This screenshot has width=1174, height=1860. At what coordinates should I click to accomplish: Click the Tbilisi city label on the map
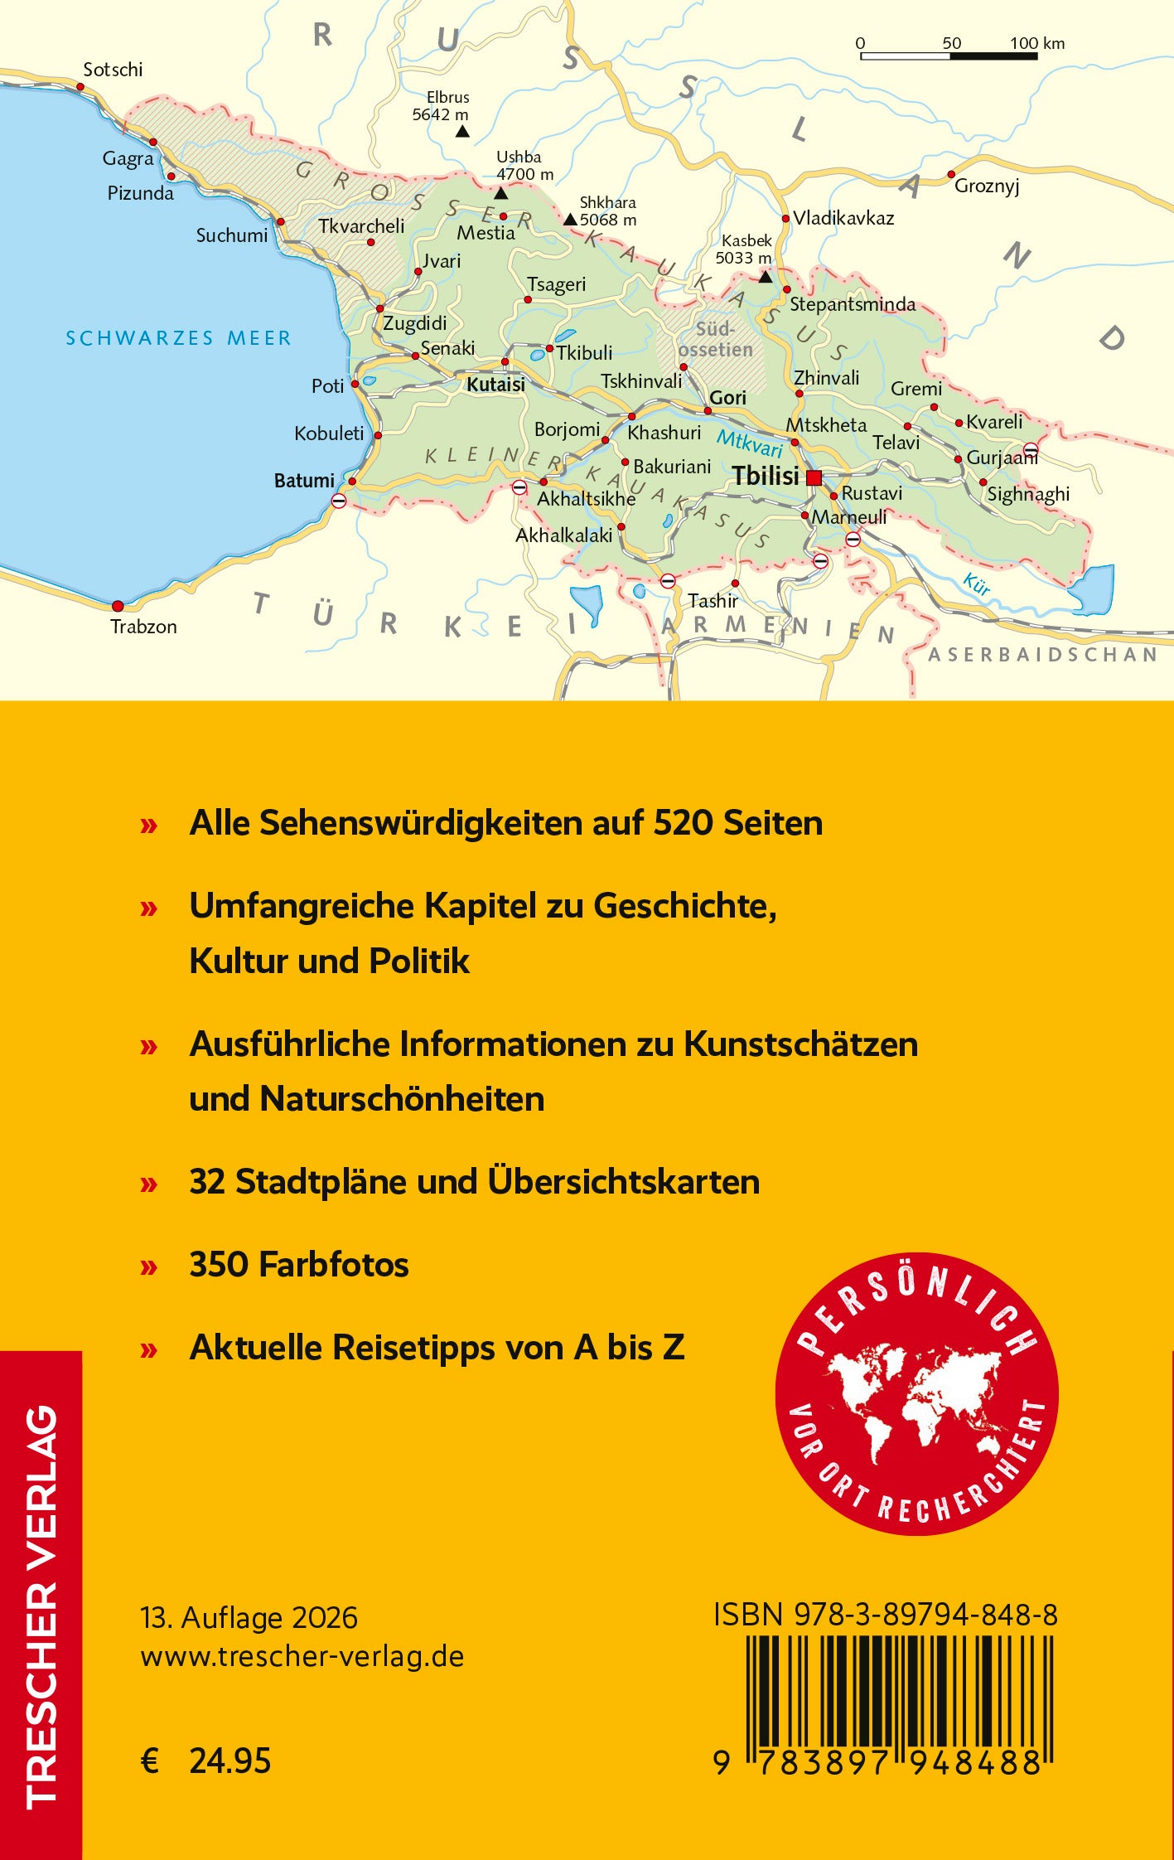click(766, 477)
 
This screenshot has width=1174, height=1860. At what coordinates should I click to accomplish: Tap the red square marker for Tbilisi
click(814, 477)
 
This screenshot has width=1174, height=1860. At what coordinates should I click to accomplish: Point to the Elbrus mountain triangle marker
click(462, 131)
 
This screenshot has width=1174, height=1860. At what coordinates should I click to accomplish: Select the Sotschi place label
click(113, 70)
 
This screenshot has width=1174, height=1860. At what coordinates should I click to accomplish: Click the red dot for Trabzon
click(118, 606)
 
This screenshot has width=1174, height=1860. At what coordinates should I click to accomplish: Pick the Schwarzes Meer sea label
click(179, 338)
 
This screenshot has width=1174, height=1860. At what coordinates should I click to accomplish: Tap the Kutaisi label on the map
click(495, 385)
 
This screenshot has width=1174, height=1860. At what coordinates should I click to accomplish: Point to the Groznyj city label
click(986, 186)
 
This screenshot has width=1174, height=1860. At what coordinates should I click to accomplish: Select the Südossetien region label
click(716, 340)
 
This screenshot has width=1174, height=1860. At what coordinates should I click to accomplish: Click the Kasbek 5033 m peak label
click(744, 249)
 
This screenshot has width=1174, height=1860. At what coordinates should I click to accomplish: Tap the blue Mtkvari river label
click(750, 443)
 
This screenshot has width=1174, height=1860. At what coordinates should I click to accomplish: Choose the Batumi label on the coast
click(304, 481)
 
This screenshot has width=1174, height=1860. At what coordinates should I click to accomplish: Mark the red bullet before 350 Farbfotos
click(149, 1266)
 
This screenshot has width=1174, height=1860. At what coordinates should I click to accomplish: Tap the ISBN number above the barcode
click(886, 1615)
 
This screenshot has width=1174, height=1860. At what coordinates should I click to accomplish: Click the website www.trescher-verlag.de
click(302, 1656)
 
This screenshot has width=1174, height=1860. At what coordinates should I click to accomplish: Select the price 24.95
click(230, 1761)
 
